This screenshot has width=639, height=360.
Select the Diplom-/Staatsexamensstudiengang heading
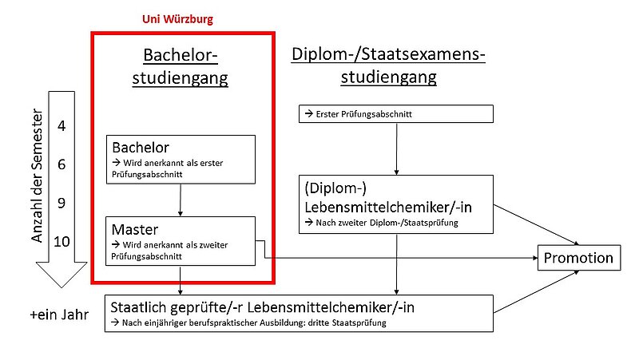click(x=388, y=65)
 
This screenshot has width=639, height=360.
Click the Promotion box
click(x=578, y=258)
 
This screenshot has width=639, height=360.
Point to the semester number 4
click(x=62, y=125)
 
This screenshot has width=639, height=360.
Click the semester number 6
click(x=62, y=165)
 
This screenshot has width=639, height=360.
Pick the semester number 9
click(x=62, y=204)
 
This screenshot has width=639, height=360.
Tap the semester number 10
click(x=62, y=242)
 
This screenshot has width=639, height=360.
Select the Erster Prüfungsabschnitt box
click(x=396, y=114)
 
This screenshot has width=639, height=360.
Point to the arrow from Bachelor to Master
click(x=182, y=200)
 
